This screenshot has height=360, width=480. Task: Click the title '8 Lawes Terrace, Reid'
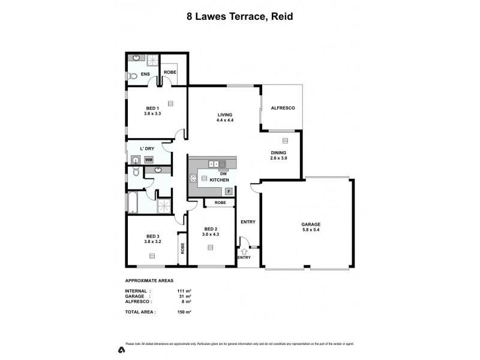coord(239,17)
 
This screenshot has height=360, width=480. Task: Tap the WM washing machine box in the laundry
coord(148,160)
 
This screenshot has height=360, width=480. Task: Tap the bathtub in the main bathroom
coord(133,203)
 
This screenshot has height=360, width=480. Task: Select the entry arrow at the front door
coord(244,252)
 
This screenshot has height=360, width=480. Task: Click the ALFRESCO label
coord(281,108)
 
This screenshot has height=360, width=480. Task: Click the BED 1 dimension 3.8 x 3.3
coord(152,113)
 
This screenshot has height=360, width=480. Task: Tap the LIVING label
coord(224,115)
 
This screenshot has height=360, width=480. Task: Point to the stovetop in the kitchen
coord(193,178)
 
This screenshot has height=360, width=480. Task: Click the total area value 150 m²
coord(184,313)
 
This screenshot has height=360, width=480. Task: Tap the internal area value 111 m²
coord(184,291)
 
